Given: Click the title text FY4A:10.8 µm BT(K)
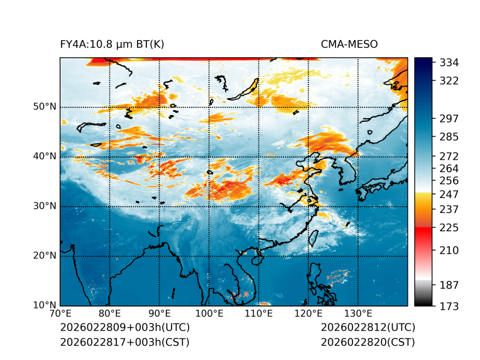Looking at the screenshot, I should pos(112,45).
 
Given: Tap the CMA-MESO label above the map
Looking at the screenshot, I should pos(349,45).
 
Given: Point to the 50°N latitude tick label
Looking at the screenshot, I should pos(45,107).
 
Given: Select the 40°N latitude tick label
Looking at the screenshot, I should pos(45,156).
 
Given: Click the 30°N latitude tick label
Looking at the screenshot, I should pos(45,206).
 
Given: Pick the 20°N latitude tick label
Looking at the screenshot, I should pos(45,256).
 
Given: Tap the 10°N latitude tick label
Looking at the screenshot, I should pos(45,305).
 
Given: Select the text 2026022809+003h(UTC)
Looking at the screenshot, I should pos(124,327).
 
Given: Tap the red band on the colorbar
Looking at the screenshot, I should pos(423,234).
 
